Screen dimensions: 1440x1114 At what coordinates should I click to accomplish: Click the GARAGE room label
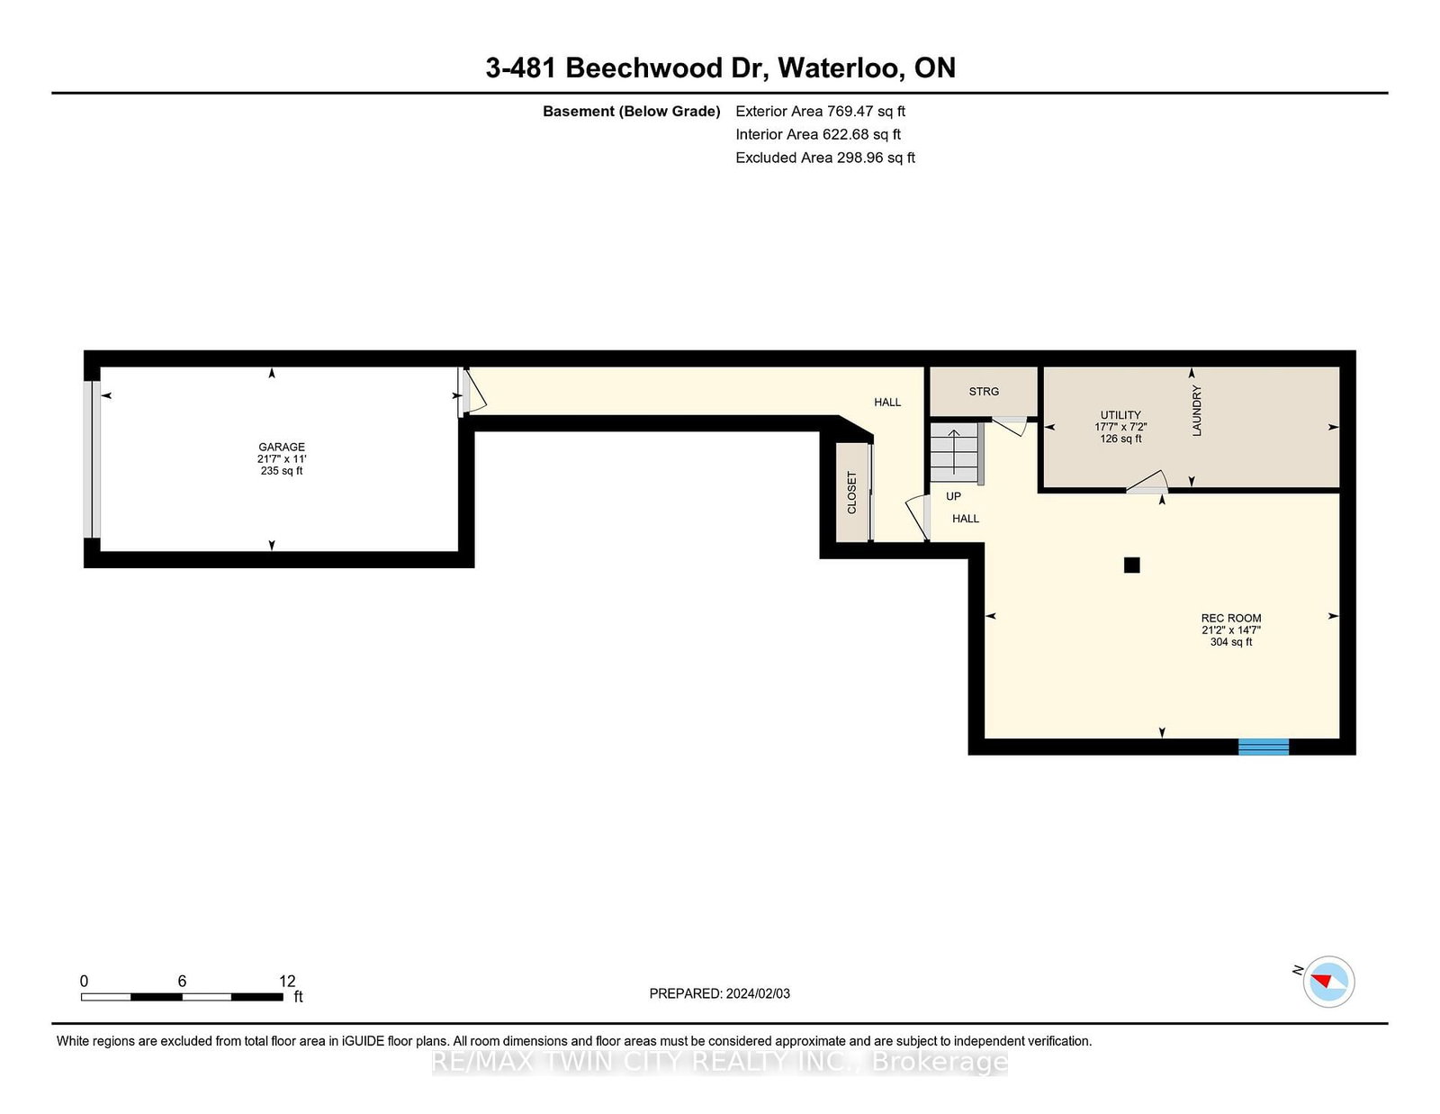pyautogui.click(x=281, y=447)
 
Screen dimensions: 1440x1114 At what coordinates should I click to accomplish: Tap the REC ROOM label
pyautogui.click(x=1230, y=618)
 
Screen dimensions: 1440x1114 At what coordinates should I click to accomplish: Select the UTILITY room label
pyautogui.click(x=1120, y=415)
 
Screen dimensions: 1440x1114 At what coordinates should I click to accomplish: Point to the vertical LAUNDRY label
pyautogui.click(x=1196, y=411)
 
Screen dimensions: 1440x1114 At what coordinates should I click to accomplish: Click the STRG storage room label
pyautogui.click(x=984, y=391)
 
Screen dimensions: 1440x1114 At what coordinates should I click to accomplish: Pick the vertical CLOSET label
pyautogui.click(x=851, y=493)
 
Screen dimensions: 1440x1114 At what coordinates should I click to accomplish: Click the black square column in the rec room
pyautogui.click(x=1131, y=565)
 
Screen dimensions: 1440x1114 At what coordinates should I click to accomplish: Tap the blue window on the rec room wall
pyautogui.click(x=1263, y=747)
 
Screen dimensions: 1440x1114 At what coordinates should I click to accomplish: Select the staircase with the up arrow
pyautogui.click(x=954, y=453)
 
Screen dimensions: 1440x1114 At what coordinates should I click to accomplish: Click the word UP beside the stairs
pyautogui.click(x=953, y=496)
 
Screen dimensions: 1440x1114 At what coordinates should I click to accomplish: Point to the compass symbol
pyautogui.click(x=1328, y=982)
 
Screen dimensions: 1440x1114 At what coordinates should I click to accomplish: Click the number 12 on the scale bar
pyautogui.click(x=287, y=982)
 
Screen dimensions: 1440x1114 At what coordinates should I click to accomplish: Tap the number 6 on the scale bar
pyautogui.click(x=182, y=982)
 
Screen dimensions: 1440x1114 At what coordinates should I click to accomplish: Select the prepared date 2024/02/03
pyautogui.click(x=758, y=993)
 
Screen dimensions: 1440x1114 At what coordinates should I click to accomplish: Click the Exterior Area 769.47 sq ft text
pyautogui.click(x=820, y=112)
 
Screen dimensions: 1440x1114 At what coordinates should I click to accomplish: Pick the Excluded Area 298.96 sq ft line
pyautogui.click(x=825, y=158)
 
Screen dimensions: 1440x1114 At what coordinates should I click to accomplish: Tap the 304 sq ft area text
pyautogui.click(x=1230, y=642)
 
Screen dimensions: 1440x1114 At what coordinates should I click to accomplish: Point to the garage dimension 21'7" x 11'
pyautogui.click(x=282, y=459)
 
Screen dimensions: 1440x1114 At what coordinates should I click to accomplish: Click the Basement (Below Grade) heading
pyautogui.click(x=631, y=112)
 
